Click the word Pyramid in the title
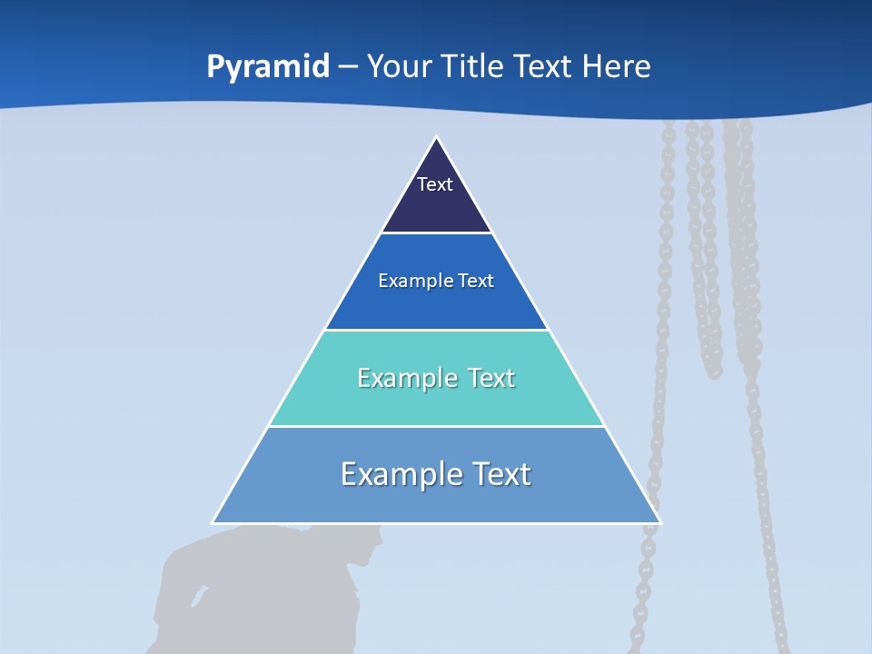point(268,67)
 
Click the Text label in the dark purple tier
point(435,184)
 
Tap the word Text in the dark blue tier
point(477,281)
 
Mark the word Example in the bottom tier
point(392,475)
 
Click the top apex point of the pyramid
point(437,137)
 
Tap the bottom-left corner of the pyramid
point(213,522)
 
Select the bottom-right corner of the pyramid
point(660,522)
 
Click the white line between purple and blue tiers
point(437,233)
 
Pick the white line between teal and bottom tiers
point(437,426)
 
